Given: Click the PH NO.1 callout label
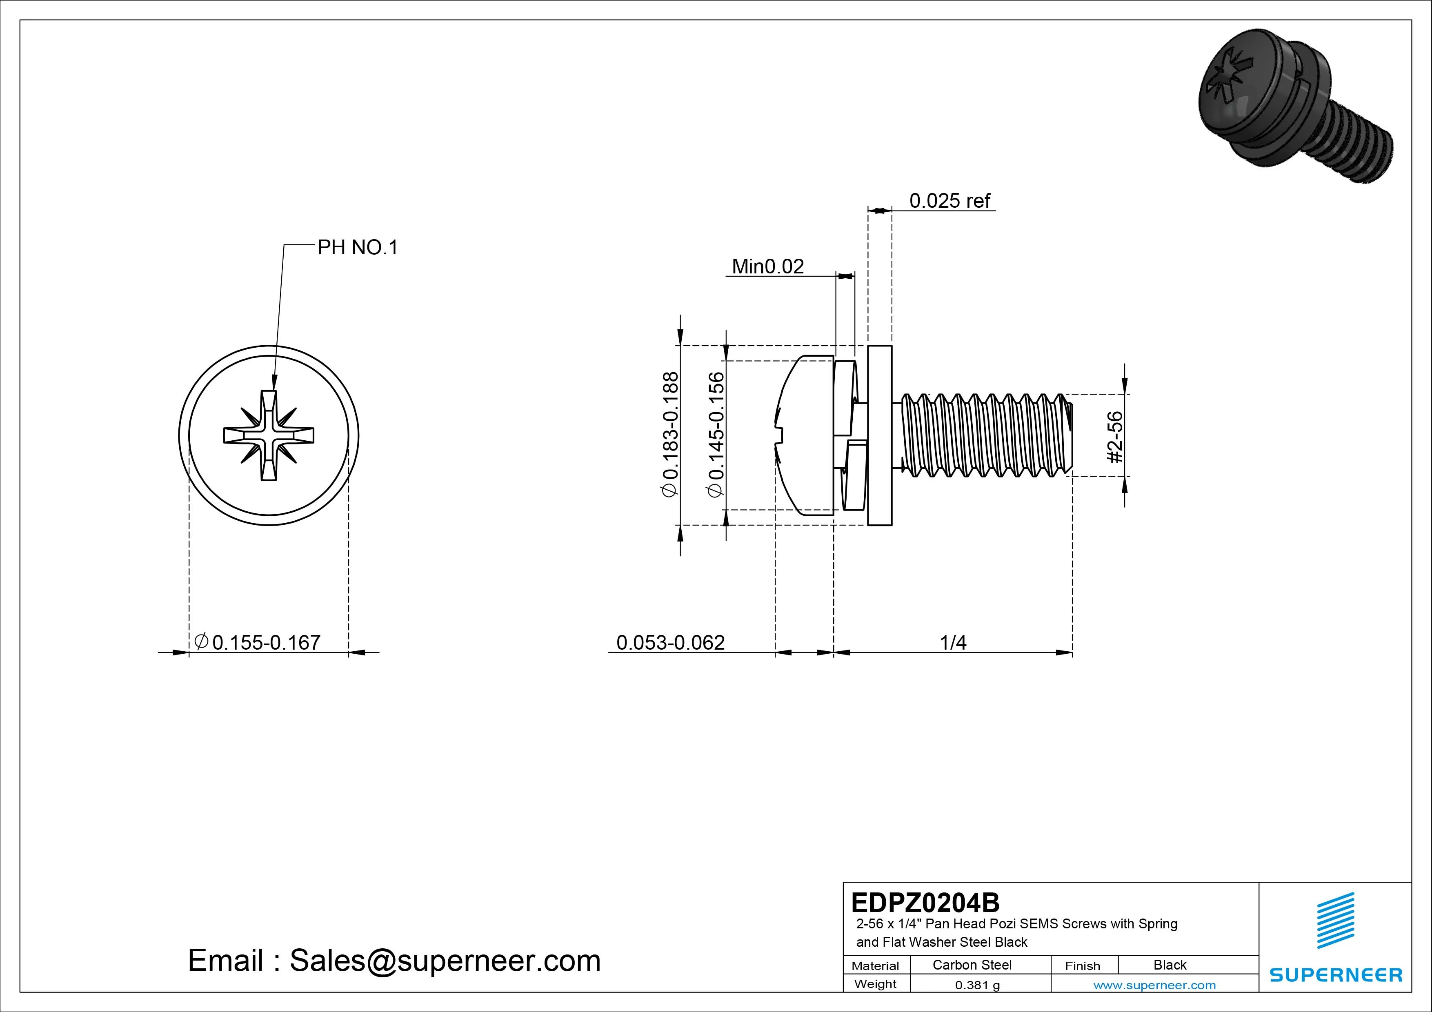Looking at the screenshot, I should pyautogui.click(x=357, y=248).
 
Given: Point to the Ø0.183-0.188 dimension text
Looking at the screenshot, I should pyautogui.click(x=670, y=434).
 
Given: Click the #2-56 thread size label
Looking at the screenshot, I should pyautogui.click(x=1115, y=437).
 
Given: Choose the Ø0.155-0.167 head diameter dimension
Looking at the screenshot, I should pyautogui.click(x=258, y=642).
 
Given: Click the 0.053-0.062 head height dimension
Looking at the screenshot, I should pyautogui.click(x=670, y=642).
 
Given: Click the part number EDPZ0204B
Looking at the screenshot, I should pyautogui.click(x=925, y=902).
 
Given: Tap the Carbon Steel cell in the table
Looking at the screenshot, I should pyautogui.click(x=972, y=965).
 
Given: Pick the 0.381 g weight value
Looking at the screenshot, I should pyautogui.click(x=977, y=985).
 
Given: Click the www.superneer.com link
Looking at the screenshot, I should pyautogui.click(x=1154, y=985).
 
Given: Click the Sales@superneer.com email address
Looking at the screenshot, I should pyautogui.click(x=445, y=960).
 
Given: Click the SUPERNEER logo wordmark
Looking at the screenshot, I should pyautogui.click(x=1335, y=974).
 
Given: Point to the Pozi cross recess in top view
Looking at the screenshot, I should pyautogui.click(x=269, y=435).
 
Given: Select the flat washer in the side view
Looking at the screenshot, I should pyautogui.click(x=879, y=435).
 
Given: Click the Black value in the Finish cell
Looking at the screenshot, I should pyautogui.click(x=1170, y=965).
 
